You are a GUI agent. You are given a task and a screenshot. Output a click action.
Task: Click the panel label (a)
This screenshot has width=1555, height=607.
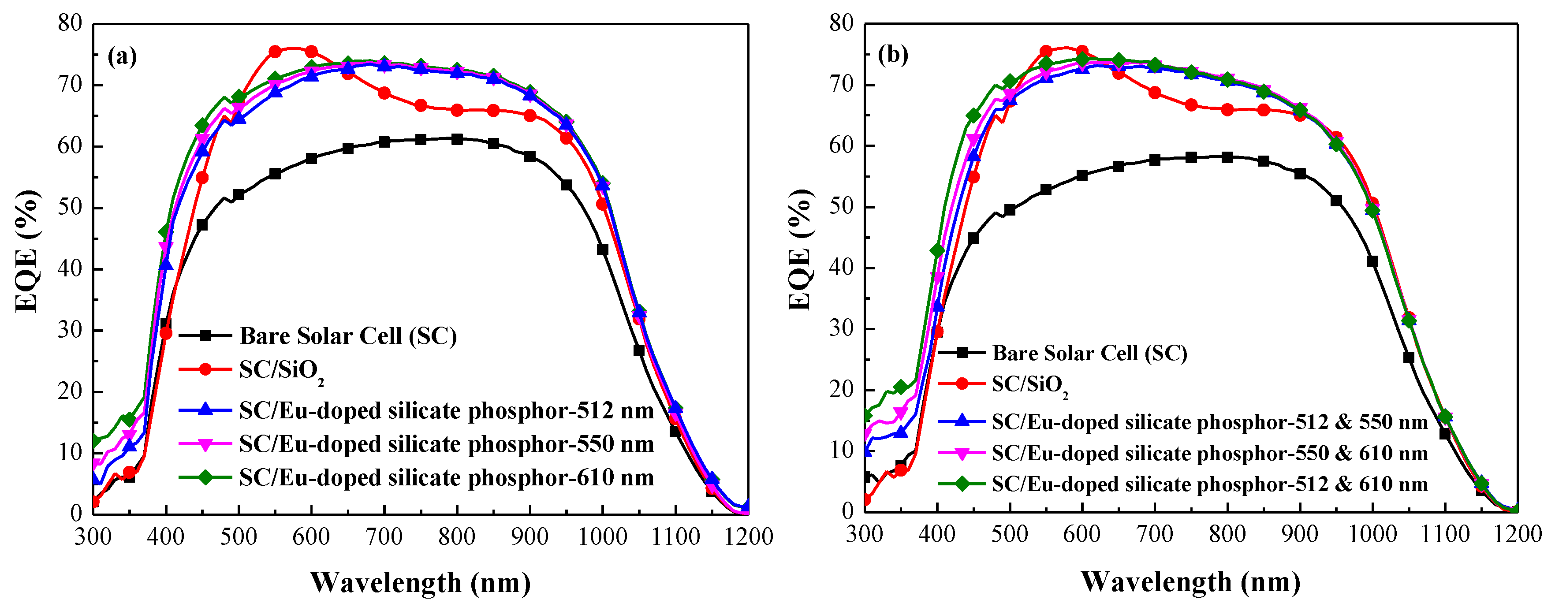click(x=122, y=57)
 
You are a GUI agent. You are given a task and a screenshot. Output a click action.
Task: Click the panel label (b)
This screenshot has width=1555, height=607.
click(x=893, y=55)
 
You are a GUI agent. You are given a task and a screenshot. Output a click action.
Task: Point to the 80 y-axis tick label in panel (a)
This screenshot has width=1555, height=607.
click(x=69, y=23)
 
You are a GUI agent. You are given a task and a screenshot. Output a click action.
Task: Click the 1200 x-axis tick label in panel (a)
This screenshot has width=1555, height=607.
click(x=749, y=536)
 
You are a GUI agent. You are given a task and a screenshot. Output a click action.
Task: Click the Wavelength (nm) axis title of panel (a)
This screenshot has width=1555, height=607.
click(x=420, y=583)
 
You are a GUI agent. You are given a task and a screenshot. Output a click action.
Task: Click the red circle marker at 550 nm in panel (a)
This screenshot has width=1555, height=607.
click(x=275, y=52)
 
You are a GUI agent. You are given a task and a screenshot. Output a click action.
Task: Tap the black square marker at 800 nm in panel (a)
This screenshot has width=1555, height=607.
click(x=457, y=139)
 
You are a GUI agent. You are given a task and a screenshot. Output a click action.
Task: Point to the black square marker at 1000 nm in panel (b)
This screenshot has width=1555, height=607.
click(x=1372, y=261)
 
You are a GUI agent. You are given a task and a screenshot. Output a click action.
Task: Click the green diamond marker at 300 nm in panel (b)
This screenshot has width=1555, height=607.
click(x=865, y=415)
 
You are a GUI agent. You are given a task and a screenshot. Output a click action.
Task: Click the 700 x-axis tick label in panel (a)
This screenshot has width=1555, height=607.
click(x=384, y=536)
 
